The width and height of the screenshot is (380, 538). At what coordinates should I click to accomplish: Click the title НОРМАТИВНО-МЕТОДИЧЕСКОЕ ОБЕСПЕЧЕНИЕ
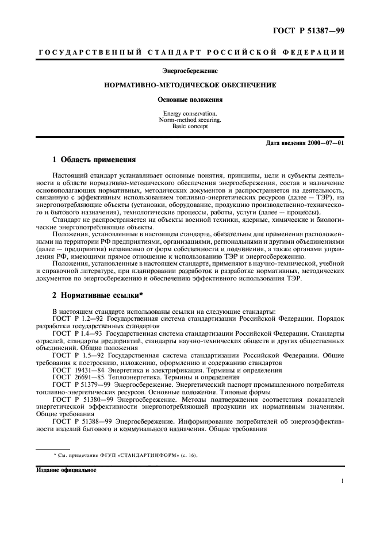coord(190,85)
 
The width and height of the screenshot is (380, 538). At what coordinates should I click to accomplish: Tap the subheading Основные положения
coord(190,99)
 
